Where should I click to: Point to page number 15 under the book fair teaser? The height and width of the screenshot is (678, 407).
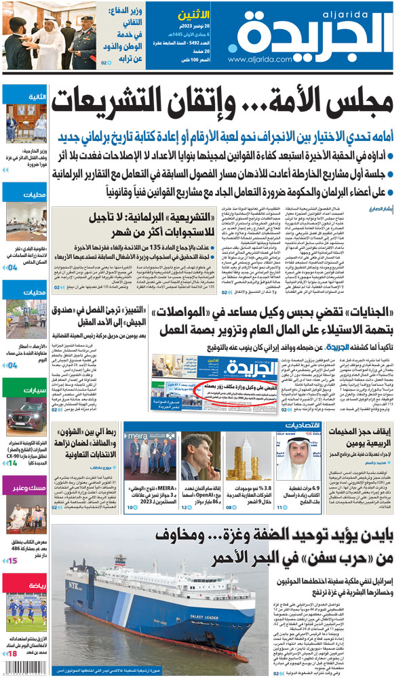(x=13, y=561)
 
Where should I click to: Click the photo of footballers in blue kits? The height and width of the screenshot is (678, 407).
(x=23, y=608)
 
